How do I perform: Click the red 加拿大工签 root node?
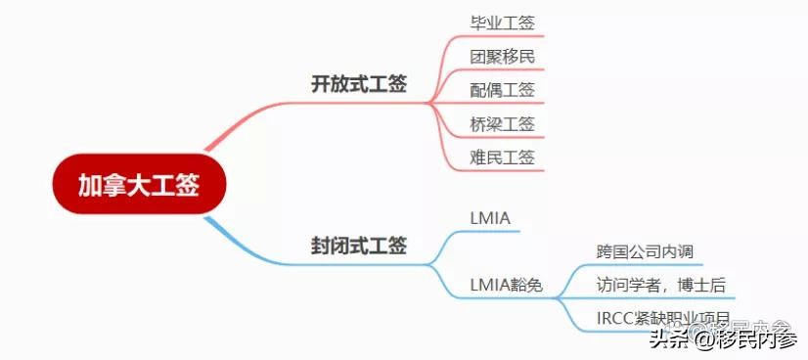tap(139, 184)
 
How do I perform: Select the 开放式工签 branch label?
tap(359, 84)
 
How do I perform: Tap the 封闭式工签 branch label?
tap(359, 245)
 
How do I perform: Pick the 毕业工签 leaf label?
tap(503, 22)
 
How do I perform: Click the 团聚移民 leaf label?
tap(503, 56)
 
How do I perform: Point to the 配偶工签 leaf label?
tap(503, 90)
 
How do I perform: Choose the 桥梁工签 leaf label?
tap(503, 123)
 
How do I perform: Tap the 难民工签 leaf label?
tap(503, 157)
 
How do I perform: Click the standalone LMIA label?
tap(491, 216)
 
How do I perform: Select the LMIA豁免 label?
tap(507, 286)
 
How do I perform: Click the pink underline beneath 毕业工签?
tap(503, 36)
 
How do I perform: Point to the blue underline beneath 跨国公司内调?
tap(646, 265)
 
